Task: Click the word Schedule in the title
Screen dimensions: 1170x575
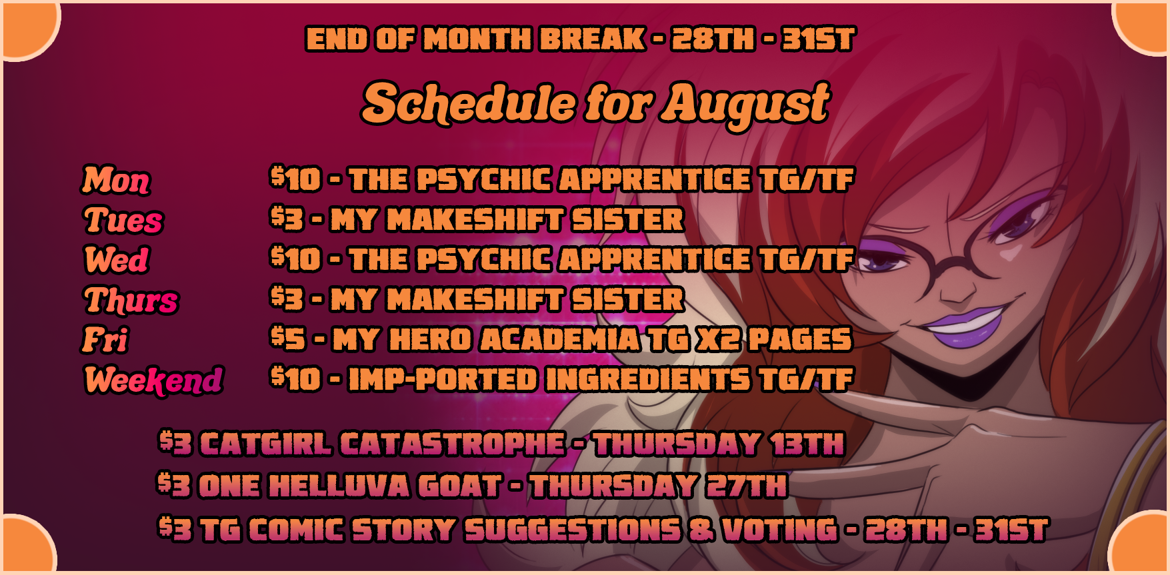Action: point(469,103)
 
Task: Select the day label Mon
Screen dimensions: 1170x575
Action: point(116,180)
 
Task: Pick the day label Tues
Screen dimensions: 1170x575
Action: point(123,220)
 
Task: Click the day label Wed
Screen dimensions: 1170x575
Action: point(116,260)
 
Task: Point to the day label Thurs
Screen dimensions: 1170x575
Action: point(131,300)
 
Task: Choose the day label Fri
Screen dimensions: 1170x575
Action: point(105,340)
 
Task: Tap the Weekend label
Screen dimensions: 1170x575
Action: point(153,380)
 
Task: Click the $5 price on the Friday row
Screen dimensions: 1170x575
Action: point(288,338)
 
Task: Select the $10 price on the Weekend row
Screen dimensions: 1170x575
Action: point(296,378)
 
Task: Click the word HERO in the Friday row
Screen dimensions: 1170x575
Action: point(430,339)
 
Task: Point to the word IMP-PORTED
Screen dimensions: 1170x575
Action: point(443,379)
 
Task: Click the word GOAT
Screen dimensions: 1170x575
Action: point(459,486)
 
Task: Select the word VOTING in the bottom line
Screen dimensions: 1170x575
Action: point(779,530)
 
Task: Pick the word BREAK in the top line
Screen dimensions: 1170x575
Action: point(592,39)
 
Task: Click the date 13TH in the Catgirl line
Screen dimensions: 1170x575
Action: point(807,444)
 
